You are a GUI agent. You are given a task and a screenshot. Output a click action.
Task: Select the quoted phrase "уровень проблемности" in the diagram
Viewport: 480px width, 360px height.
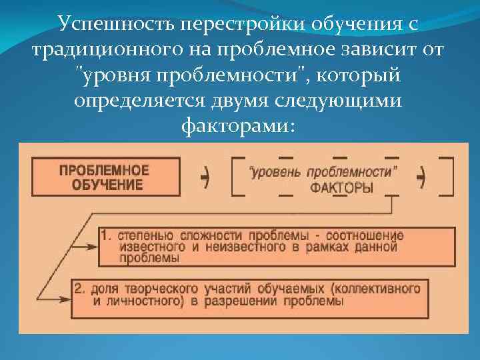pos(323,172)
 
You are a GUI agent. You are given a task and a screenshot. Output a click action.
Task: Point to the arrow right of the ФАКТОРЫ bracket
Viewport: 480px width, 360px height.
pos(421,177)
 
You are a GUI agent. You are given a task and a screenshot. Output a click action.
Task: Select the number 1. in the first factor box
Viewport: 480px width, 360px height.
pos(107,236)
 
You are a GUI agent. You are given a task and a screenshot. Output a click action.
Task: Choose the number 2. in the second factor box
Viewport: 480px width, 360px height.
pos(80,289)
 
